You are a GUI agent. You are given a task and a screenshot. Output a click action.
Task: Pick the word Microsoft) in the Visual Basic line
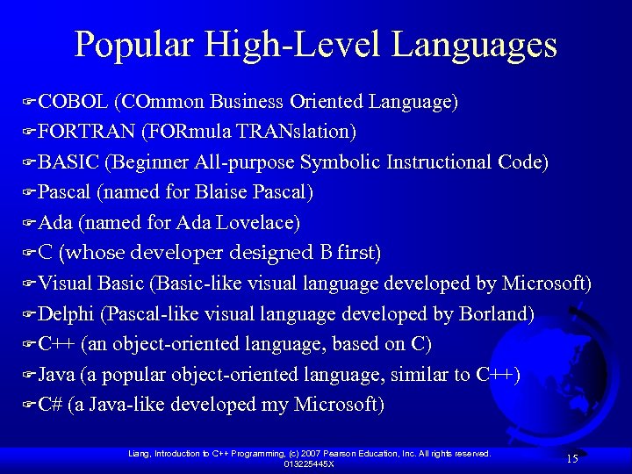pyautogui.click(x=546, y=284)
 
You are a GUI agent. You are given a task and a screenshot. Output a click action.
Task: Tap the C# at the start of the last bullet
pyautogui.click(x=50, y=404)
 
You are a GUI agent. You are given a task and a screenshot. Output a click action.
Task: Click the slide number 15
pyautogui.click(x=571, y=458)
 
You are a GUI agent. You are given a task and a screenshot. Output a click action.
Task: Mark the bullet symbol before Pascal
pyautogui.click(x=28, y=192)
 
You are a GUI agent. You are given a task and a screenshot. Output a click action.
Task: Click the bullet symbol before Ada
pyautogui.click(x=28, y=223)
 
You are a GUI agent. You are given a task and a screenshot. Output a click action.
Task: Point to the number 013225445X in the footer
pyautogui.click(x=309, y=463)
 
